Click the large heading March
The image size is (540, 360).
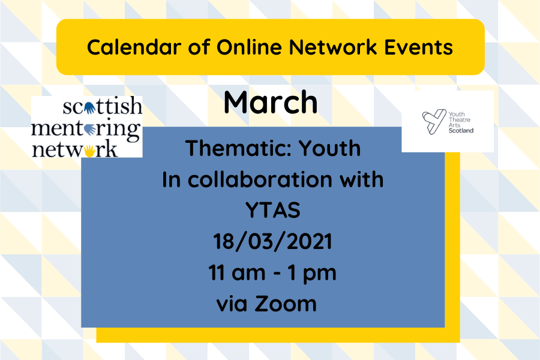click(270, 103)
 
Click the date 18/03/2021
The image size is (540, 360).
click(272, 242)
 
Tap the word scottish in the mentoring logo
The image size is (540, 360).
click(103, 107)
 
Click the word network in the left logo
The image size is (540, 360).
click(75, 148)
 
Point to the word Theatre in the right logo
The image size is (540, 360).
click(461, 119)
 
